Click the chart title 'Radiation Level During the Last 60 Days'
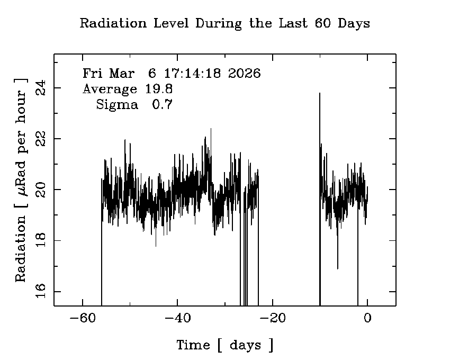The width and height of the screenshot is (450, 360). point(224,24)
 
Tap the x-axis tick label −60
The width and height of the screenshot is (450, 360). point(82,318)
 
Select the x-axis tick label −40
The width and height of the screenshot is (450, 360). point(177,318)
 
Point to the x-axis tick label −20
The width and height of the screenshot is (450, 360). point(273,318)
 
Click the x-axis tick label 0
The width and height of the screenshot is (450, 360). point(367,318)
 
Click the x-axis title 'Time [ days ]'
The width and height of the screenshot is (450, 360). point(225,346)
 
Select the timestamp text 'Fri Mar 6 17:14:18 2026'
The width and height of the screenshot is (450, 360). point(172,74)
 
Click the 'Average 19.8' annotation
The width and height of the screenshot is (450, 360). point(128,89)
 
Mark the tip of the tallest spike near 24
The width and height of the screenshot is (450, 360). point(319,93)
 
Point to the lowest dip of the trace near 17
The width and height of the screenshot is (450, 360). point(337,268)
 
